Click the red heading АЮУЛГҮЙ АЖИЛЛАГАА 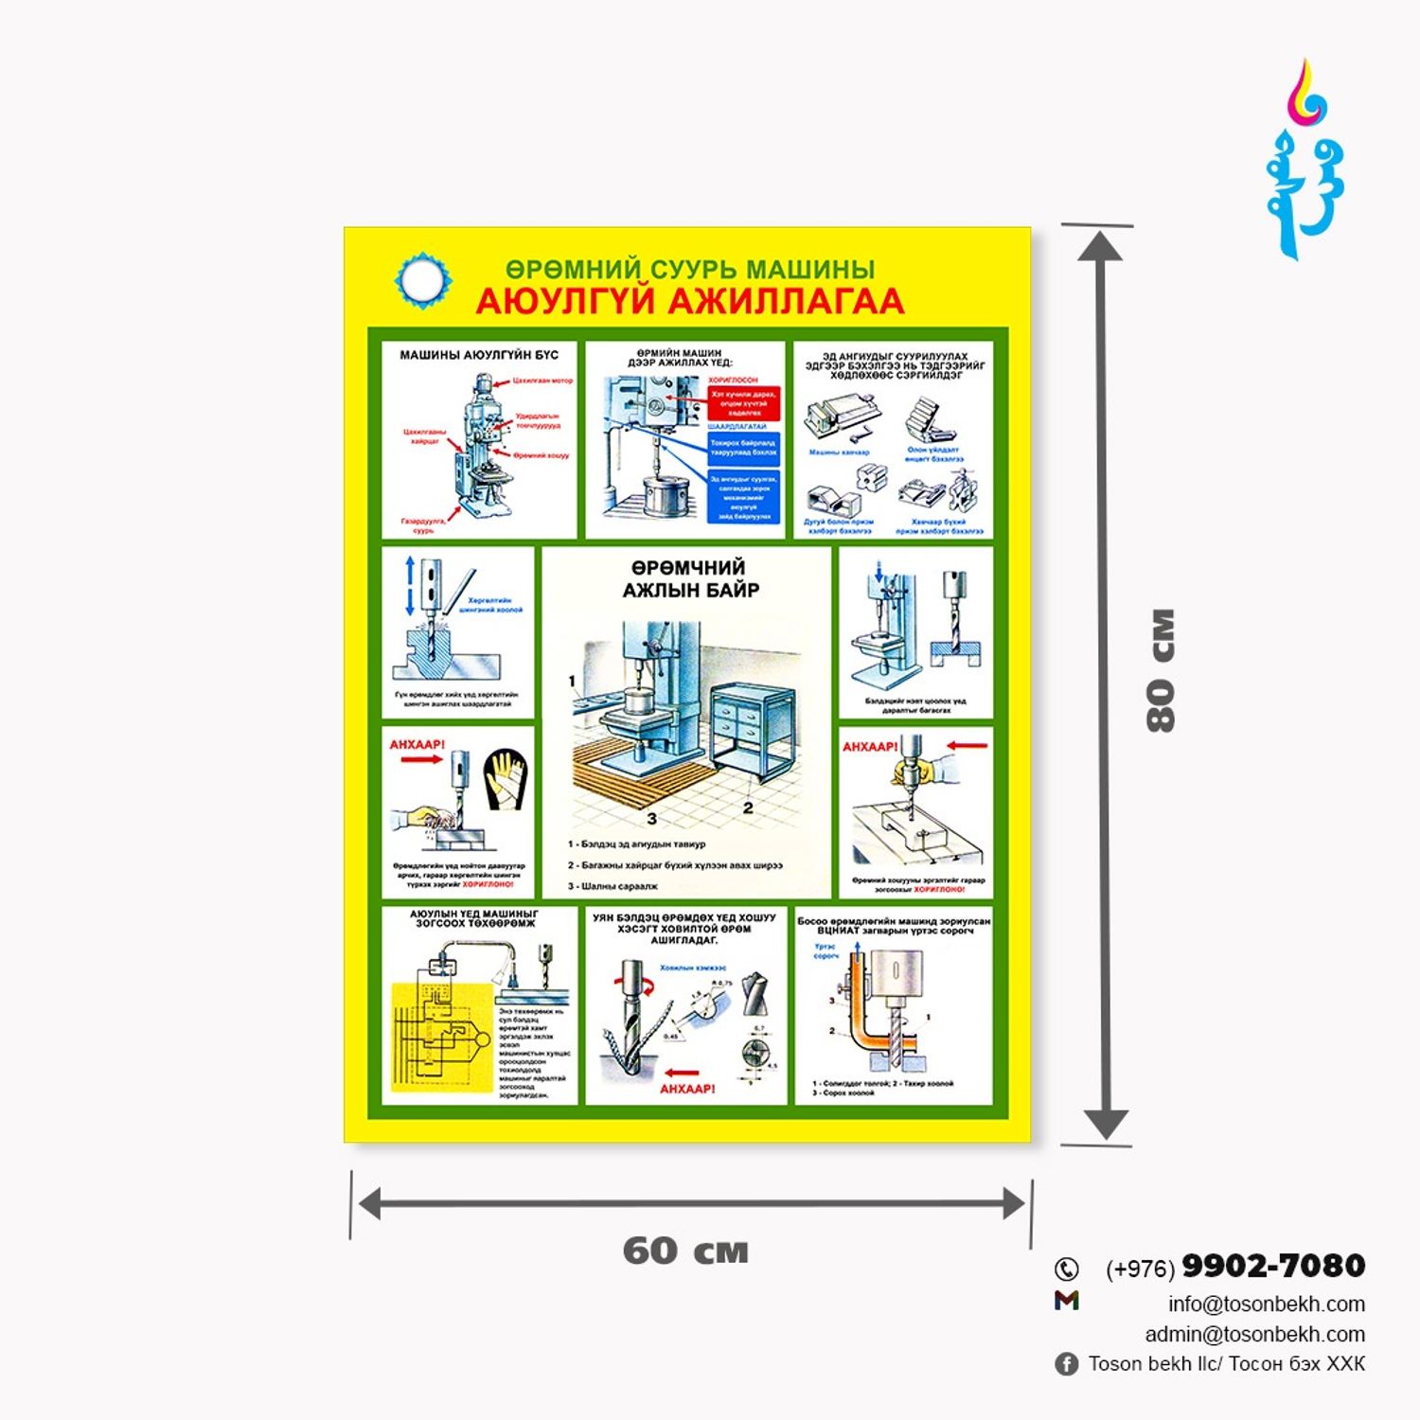tap(689, 301)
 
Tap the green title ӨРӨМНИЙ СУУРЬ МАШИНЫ tap(689, 270)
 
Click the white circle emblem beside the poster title tap(422, 280)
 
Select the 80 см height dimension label tap(1161, 670)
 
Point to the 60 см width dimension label tap(685, 1251)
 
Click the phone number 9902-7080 tap(1273, 1265)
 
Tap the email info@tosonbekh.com tap(1266, 1304)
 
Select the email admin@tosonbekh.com tap(1254, 1334)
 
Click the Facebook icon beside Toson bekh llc tap(1066, 1364)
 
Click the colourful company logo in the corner tap(1306, 161)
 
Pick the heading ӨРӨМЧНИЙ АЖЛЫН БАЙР tap(690, 578)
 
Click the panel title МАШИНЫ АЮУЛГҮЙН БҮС tap(479, 355)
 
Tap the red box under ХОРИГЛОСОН tap(744, 402)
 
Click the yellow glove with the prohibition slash tap(505, 779)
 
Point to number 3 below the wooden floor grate tap(651, 818)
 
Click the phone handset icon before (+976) tap(1067, 1269)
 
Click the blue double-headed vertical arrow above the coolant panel tap(410, 585)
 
